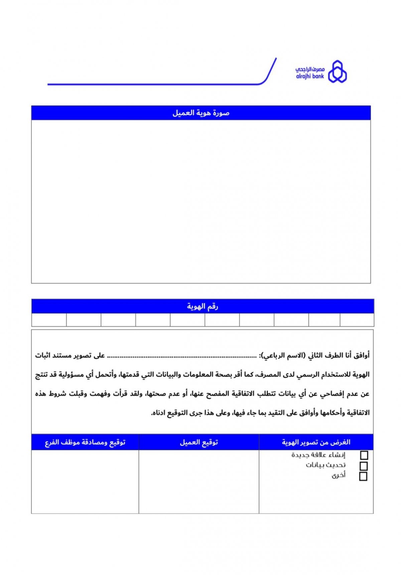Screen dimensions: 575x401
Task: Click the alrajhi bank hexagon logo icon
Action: [x=337, y=72]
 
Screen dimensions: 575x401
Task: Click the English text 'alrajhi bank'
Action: [x=310, y=76]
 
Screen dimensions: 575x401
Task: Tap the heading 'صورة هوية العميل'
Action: [x=201, y=113]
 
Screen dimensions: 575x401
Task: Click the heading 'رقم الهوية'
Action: [x=203, y=306]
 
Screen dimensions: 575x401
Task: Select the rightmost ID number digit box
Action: [x=357, y=320]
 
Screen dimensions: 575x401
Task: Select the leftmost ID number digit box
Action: [x=49, y=320]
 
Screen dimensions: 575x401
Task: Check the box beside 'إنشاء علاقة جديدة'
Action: [x=364, y=455]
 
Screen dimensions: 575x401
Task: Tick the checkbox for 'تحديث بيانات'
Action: [x=364, y=466]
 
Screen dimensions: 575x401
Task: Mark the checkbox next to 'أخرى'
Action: [x=363, y=476]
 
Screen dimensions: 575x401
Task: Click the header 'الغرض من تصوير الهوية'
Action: [x=316, y=442]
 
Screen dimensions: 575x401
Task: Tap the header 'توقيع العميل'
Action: [x=199, y=442]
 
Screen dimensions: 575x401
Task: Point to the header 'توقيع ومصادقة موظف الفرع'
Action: [x=85, y=442]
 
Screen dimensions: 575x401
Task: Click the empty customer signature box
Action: [x=199, y=481]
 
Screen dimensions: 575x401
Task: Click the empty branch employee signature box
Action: [x=85, y=481]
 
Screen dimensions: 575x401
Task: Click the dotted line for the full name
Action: [x=182, y=357]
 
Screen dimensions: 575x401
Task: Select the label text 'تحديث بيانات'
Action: [x=326, y=465]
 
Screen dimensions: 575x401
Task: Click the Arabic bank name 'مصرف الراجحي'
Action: [x=310, y=69]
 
